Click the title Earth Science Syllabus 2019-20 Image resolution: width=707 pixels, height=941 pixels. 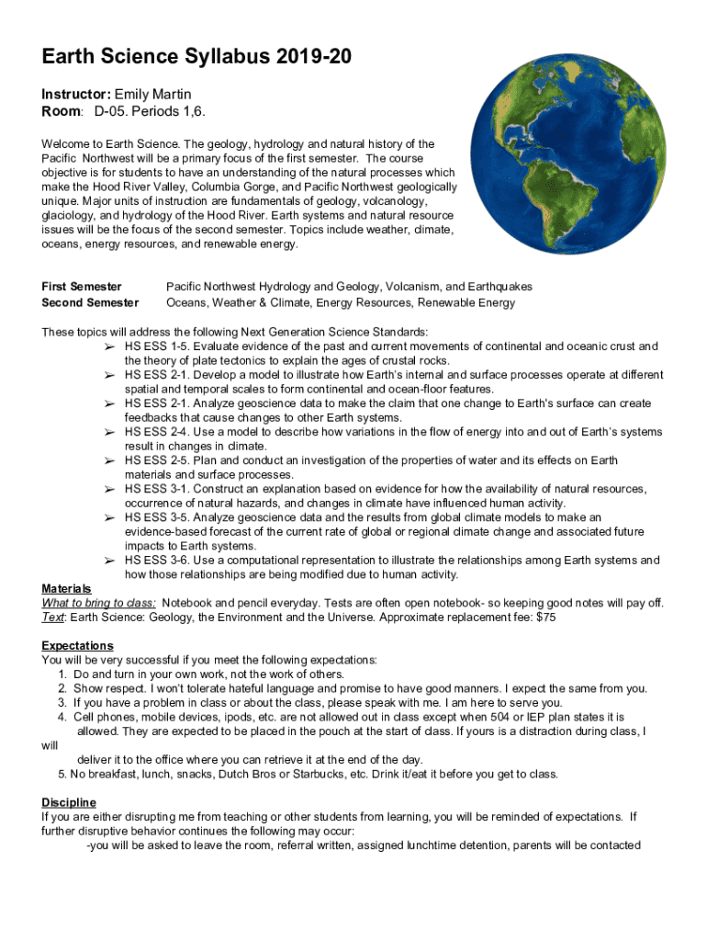[196, 59]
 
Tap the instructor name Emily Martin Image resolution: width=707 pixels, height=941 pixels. [152, 95]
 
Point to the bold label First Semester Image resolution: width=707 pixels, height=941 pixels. [82, 288]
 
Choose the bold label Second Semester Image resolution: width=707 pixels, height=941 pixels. [90, 302]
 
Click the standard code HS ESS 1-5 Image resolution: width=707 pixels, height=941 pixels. [156, 346]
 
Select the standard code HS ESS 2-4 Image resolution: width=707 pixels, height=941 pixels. [156, 432]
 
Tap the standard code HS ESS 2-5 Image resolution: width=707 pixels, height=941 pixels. [156, 460]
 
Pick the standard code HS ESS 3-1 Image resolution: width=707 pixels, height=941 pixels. [156, 489]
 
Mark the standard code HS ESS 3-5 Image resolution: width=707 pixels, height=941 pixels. [156, 517]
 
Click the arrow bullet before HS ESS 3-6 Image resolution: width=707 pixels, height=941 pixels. [108, 561]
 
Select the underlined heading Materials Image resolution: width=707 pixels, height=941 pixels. [66, 588]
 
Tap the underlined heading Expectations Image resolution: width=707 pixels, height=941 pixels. [77, 646]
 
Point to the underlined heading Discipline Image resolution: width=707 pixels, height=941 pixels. [69, 802]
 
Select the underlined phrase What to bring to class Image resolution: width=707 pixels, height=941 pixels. [98, 603]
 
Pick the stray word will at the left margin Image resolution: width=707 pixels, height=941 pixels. [50, 746]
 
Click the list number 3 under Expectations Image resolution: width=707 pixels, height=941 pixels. [62, 703]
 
